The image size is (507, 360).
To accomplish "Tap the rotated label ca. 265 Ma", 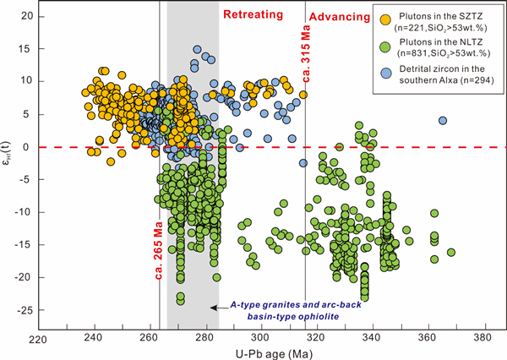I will (158, 250).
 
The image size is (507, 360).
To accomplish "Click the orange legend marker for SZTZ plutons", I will (386, 18).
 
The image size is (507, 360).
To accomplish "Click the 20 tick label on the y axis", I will (27, 17).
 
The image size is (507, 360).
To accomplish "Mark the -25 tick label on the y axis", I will (25, 310).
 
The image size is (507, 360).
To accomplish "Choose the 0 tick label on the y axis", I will (30, 147).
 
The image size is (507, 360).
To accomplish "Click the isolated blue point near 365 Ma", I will (443, 120).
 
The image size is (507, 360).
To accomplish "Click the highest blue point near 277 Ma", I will (197, 50).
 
